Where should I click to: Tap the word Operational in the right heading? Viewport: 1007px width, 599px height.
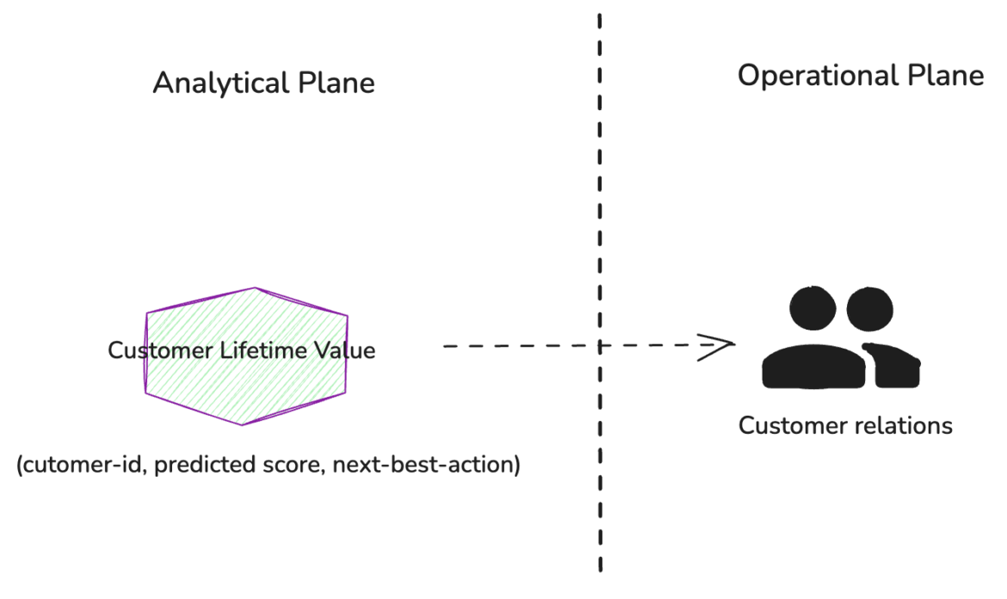tap(816, 76)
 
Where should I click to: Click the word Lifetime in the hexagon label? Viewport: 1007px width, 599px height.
tap(262, 351)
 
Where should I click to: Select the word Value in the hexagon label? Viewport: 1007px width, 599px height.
tap(344, 351)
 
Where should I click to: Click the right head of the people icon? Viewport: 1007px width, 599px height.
tap(871, 310)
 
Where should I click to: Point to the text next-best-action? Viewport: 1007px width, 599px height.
tap(426, 466)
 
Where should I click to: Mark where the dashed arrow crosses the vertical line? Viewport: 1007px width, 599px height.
tap(599, 346)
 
